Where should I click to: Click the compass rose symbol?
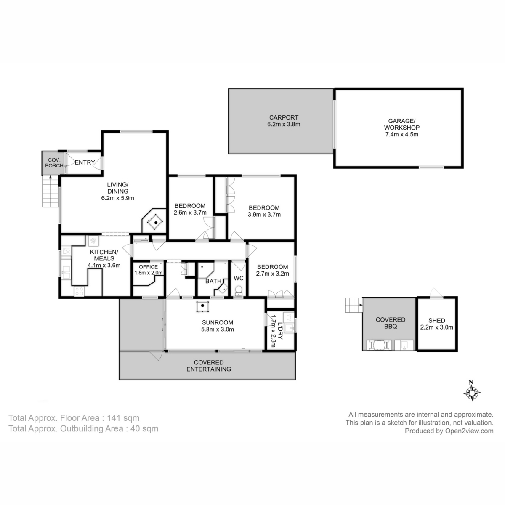click(x=472, y=391)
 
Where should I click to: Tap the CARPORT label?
click(x=284, y=118)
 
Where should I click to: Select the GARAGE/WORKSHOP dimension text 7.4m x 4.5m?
click(x=401, y=135)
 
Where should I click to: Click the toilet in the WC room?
click(x=239, y=290)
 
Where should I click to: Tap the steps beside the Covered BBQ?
click(x=353, y=305)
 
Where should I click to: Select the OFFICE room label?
click(x=148, y=267)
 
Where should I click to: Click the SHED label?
click(x=436, y=320)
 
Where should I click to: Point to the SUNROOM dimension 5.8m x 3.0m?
click(x=217, y=330)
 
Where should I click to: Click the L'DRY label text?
click(x=279, y=326)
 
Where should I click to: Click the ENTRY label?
click(x=85, y=162)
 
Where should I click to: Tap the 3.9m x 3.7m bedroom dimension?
click(x=264, y=215)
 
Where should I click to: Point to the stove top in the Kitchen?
click(x=79, y=290)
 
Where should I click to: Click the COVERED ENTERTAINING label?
click(x=209, y=366)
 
